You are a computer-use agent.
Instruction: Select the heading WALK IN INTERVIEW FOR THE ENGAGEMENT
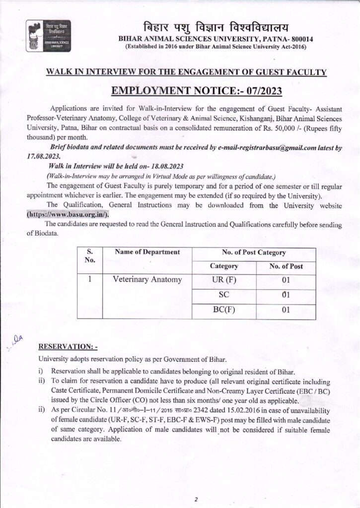tap(186, 72)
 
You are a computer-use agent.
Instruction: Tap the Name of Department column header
tap(147, 252)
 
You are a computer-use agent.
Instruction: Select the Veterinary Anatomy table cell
tap(147, 280)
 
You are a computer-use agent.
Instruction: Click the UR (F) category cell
tap(223, 280)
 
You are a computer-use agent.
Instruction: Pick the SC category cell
tap(223, 296)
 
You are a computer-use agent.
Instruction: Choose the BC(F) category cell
tap(223, 311)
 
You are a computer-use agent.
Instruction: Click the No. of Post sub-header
tap(286, 266)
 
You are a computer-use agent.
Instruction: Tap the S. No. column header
tap(90, 255)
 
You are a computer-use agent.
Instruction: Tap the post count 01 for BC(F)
tap(285, 311)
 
